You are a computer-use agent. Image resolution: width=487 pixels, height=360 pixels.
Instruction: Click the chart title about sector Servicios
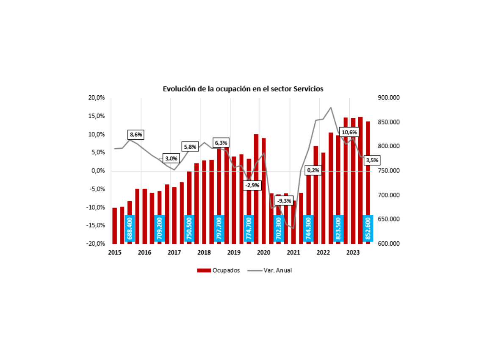243,89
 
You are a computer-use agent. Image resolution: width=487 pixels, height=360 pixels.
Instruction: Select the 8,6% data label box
136,135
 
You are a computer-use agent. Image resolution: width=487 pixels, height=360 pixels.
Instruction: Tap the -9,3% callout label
284,201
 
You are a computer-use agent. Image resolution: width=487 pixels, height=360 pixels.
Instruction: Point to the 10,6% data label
349,133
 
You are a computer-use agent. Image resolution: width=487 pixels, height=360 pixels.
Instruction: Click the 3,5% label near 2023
371,161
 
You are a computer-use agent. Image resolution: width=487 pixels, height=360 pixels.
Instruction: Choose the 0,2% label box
314,170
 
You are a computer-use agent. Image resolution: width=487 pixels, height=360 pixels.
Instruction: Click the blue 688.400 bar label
130,229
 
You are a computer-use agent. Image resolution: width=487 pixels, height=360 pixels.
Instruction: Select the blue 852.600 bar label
368,229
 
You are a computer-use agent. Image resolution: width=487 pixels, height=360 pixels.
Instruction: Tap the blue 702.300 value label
278,229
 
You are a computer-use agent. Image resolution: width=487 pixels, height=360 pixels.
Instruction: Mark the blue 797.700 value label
219,229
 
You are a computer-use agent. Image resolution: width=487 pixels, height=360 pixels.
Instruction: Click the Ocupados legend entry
218,271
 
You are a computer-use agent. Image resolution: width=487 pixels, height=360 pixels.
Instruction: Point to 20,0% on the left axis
97,98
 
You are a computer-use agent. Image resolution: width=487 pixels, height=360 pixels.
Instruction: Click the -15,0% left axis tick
96,225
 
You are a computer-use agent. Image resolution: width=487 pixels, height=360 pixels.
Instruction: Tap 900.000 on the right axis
388,98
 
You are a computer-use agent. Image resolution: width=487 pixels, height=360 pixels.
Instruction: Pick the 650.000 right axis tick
388,219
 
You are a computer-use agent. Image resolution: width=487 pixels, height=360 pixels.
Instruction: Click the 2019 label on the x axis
234,253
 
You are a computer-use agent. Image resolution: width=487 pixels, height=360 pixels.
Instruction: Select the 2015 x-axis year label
114,253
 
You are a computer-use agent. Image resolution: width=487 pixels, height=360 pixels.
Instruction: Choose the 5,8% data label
190,147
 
